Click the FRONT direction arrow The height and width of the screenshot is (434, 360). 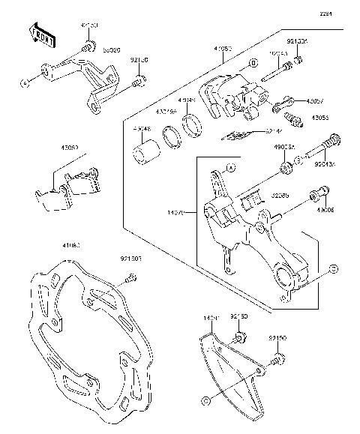[x=42, y=33]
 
